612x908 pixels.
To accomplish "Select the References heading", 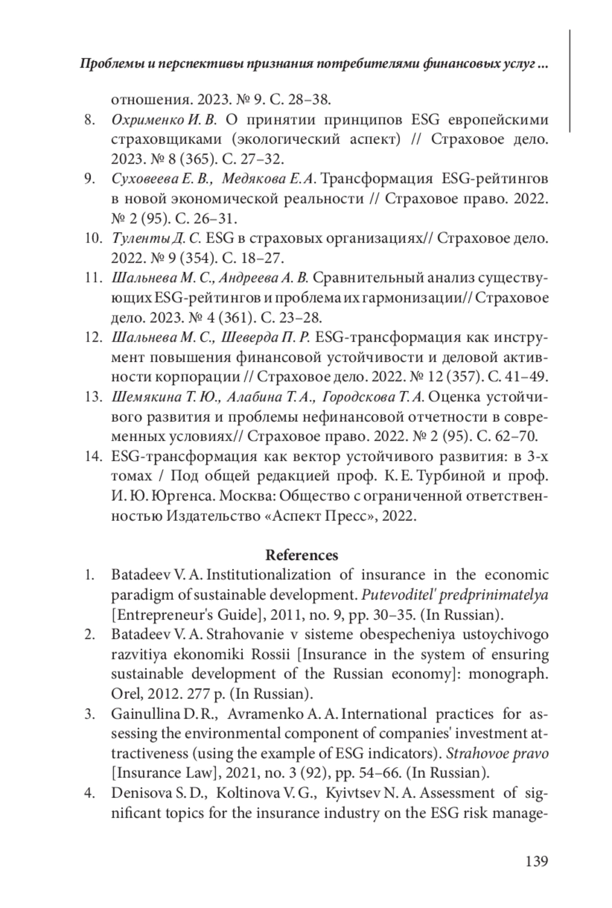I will pos(301,554).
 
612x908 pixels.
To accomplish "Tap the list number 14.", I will pos(94,456).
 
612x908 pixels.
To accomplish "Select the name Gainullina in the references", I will pos(147,714).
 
